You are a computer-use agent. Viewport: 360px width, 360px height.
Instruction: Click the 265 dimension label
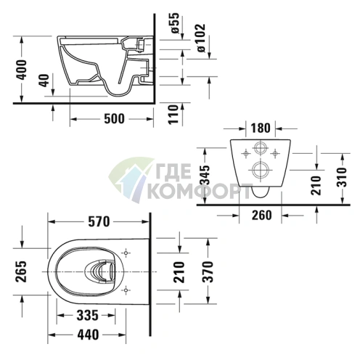(x=20, y=271)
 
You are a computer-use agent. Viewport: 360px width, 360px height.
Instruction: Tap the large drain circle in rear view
(x=259, y=172)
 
